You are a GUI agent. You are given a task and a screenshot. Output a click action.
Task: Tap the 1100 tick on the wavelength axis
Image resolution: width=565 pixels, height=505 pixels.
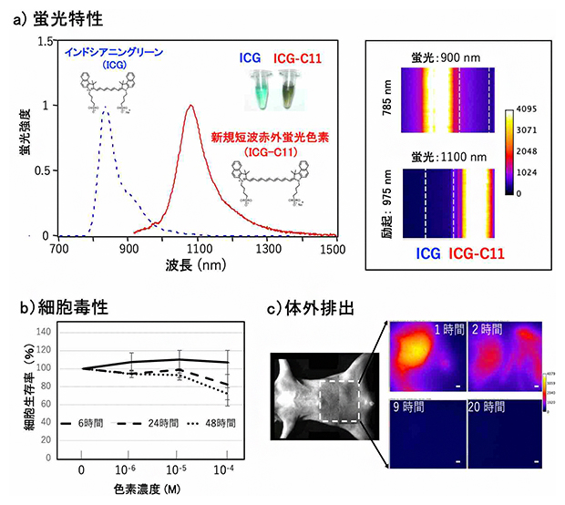[x=198, y=248]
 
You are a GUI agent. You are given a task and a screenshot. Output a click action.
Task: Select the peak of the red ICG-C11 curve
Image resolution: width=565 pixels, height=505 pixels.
[x=190, y=106]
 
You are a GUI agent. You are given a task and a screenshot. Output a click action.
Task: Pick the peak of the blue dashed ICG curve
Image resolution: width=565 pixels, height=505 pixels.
[x=105, y=106]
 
